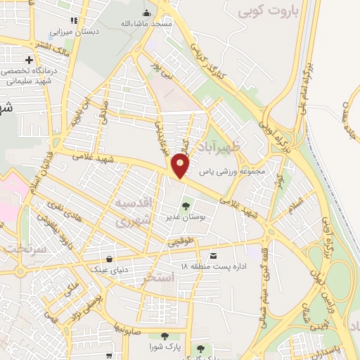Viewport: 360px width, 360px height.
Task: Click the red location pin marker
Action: pos(181,166)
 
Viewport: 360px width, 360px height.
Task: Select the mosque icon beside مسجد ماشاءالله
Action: pos(146,12)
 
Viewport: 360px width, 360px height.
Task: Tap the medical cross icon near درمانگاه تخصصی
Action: pos(29,60)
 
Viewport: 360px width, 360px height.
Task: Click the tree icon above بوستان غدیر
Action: pos(186,206)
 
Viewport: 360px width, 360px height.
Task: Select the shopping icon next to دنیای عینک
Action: pos(110,258)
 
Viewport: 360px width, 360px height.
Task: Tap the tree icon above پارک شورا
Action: pos(163,337)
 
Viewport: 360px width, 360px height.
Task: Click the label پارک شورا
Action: pos(162,348)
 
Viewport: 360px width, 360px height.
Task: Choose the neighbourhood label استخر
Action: pos(157,278)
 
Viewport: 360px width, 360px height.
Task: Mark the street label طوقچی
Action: pos(179,241)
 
